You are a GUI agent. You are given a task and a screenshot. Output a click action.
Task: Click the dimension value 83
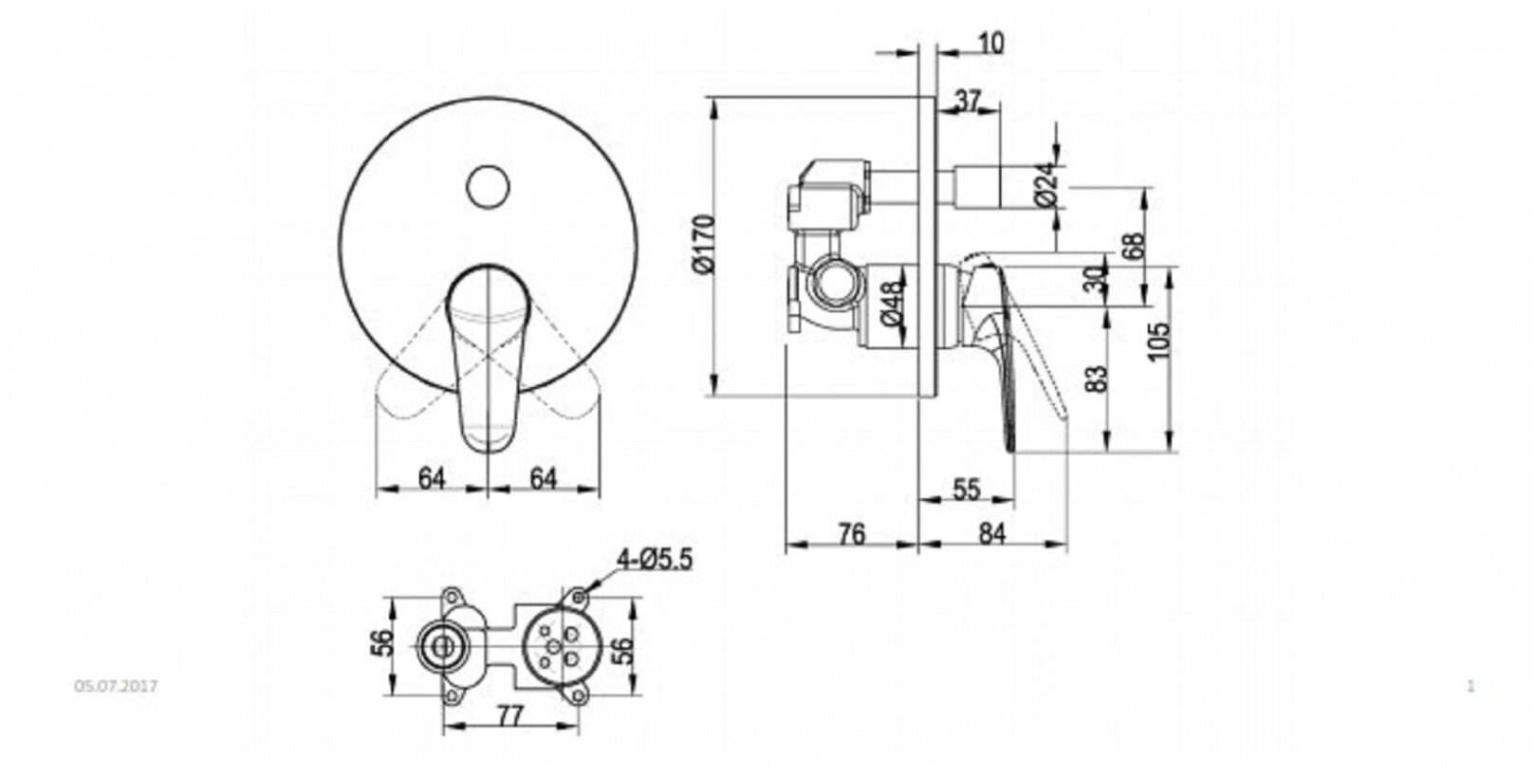1096,379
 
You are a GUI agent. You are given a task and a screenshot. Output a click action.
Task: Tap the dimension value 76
851,535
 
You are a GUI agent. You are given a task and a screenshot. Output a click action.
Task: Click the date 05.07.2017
115,685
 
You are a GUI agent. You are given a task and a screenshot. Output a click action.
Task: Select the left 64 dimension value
432,479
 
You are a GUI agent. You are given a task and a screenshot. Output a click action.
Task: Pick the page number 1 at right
1471,685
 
